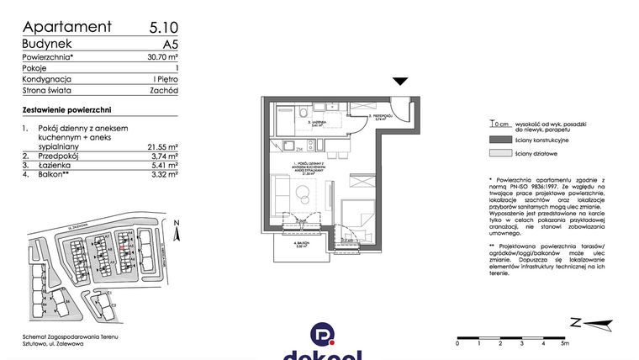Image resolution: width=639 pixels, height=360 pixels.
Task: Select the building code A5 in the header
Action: click(170, 44)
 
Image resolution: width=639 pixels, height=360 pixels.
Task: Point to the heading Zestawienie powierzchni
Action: click(67, 110)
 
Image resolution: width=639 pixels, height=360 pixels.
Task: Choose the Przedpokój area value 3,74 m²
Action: click(162, 156)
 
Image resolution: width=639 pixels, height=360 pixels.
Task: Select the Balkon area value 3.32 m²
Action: click(162, 175)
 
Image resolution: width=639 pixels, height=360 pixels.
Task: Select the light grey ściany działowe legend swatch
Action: click(499, 154)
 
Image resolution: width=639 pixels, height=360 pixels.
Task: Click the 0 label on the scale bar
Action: click(456, 343)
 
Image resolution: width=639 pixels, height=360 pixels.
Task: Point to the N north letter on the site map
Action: click(176, 223)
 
